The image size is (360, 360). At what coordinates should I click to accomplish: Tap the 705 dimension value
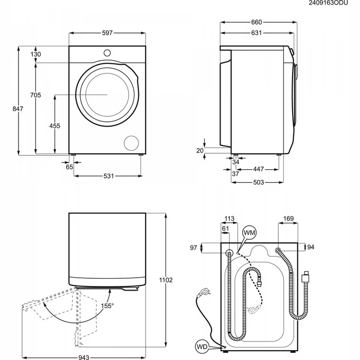pos(35,95)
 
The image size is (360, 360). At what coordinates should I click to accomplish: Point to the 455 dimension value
pos(55,126)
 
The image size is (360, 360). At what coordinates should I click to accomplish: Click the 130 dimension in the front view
pos(35,55)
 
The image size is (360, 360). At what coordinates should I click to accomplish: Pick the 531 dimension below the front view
pos(108,176)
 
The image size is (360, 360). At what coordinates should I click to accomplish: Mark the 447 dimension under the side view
pos(259,169)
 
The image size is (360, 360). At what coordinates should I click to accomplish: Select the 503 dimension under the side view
pos(259,182)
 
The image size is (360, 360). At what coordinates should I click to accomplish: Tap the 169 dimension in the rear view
pos(288,219)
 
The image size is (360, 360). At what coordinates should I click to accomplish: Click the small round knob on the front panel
pos(107,52)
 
